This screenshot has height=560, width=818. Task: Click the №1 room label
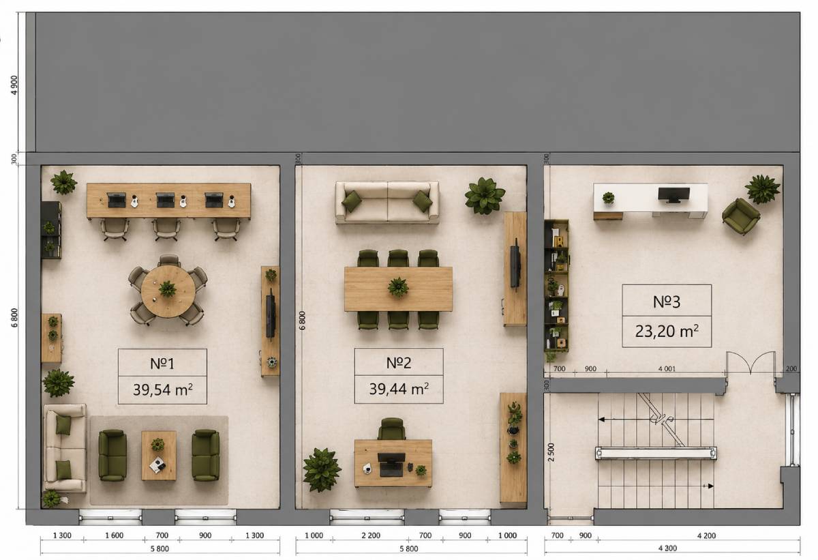162,364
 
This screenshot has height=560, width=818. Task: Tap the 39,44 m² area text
399,389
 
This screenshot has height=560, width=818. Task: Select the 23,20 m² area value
667,331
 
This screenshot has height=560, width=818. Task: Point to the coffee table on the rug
159,456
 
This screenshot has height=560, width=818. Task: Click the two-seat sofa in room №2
387,202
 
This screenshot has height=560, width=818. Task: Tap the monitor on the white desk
673,194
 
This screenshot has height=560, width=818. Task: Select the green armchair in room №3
741,217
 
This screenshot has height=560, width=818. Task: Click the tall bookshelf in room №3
556,286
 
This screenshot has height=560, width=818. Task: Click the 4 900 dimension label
14,85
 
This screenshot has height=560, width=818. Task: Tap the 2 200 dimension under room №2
371,535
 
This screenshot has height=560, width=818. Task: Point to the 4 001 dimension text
667,369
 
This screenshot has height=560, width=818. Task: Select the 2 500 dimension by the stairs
551,452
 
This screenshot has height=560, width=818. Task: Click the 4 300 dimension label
667,548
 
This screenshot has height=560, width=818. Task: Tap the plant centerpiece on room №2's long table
398,286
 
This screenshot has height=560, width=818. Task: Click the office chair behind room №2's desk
391,429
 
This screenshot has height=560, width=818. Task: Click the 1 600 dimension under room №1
115,535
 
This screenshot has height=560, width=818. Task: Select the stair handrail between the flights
656,454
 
